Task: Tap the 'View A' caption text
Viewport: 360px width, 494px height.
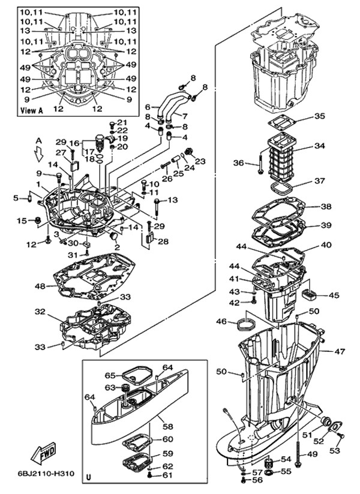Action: click(x=32, y=110)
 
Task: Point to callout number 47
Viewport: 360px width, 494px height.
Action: click(x=340, y=351)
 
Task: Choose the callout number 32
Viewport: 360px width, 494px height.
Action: click(x=40, y=312)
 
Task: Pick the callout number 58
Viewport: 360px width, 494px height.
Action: click(x=167, y=426)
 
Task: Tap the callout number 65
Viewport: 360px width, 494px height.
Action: click(x=110, y=375)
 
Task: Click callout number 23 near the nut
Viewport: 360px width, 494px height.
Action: click(x=200, y=161)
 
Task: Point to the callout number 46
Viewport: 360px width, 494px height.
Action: click(x=221, y=322)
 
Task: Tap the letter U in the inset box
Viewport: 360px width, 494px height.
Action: click(x=89, y=477)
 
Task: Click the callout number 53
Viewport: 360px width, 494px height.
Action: click(x=335, y=450)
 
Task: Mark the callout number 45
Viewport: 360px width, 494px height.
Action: click(x=334, y=295)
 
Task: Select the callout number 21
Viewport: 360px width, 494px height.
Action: click(x=123, y=123)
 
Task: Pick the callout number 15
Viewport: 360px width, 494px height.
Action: click(x=22, y=221)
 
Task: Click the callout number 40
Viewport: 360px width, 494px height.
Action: click(x=326, y=245)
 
